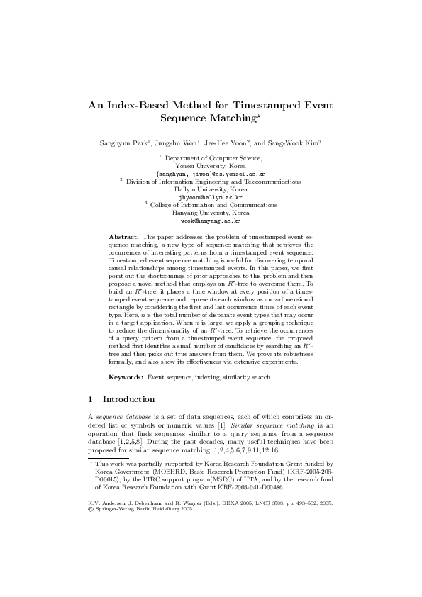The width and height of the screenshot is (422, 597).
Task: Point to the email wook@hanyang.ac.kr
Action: click(x=211, y=221)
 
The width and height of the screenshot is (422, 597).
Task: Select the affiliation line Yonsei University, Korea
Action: click(x=211, y=166)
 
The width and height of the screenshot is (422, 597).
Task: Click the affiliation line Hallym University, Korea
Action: click(x=211, y=189)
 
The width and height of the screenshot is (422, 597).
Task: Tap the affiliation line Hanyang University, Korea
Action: click(x=211, y=213)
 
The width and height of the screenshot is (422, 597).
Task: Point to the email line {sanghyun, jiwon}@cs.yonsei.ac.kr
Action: click(x=211, y=174)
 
